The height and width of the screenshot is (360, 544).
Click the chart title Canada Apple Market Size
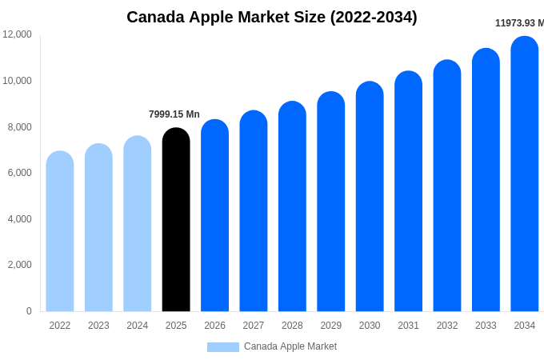(x=272, y=17)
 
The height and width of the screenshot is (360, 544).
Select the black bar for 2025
(x=176, y=220)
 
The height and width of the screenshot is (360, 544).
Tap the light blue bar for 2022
(x=60, y=232)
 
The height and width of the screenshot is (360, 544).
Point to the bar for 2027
(x=254, y=211)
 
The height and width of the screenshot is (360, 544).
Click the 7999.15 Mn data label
(x=174, y=114)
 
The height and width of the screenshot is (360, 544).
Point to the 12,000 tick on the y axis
(x=18, y=34)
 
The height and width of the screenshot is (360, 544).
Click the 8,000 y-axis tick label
(x=20, y=126)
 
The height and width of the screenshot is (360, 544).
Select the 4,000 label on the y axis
(x=20, y=218)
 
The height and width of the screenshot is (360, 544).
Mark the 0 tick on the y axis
(x=29, y=311)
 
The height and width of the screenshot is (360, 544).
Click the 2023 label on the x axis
(x=98, y=326)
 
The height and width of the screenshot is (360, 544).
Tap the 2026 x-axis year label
(x=214, y=326)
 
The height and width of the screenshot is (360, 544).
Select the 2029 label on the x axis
(x=331, y=326)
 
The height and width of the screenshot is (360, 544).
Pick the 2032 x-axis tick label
(x=447, y=326)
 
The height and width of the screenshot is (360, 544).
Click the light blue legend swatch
(x=223, y=347)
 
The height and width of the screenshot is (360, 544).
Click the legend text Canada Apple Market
(x=290, y=346)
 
